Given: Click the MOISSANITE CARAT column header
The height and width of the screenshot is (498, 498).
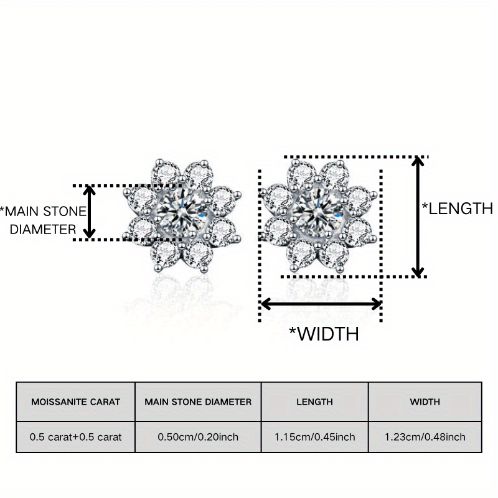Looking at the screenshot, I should (x=75, y=402).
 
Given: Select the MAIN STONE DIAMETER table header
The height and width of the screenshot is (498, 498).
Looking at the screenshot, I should (x=198, y=402).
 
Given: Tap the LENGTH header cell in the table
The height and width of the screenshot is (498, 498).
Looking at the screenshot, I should (x=315, y=402).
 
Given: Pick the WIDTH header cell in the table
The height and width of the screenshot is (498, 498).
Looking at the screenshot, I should (x=425, y=402).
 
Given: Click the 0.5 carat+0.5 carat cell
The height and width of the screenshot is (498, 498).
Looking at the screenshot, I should (x=75, y=437).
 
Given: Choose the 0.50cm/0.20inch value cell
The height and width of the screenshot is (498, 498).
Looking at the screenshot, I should (x=198, y=437).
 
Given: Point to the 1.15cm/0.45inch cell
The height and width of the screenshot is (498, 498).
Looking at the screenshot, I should (x=315, y=437).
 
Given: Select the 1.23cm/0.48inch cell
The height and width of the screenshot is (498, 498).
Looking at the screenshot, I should (x=425, y=437).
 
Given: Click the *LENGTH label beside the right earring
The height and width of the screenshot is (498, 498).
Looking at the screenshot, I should (x=458, y=209).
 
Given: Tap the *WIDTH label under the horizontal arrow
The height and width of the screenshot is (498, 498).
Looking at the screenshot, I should (x=324, y=334).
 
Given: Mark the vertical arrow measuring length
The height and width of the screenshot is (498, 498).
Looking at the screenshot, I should (x=419, y=217).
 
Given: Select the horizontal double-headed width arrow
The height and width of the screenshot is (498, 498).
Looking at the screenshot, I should (x=321, y=304).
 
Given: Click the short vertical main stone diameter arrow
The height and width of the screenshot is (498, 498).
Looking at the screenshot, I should (x=90, y=212).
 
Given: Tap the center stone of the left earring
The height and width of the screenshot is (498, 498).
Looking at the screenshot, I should (x=184, y=212).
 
